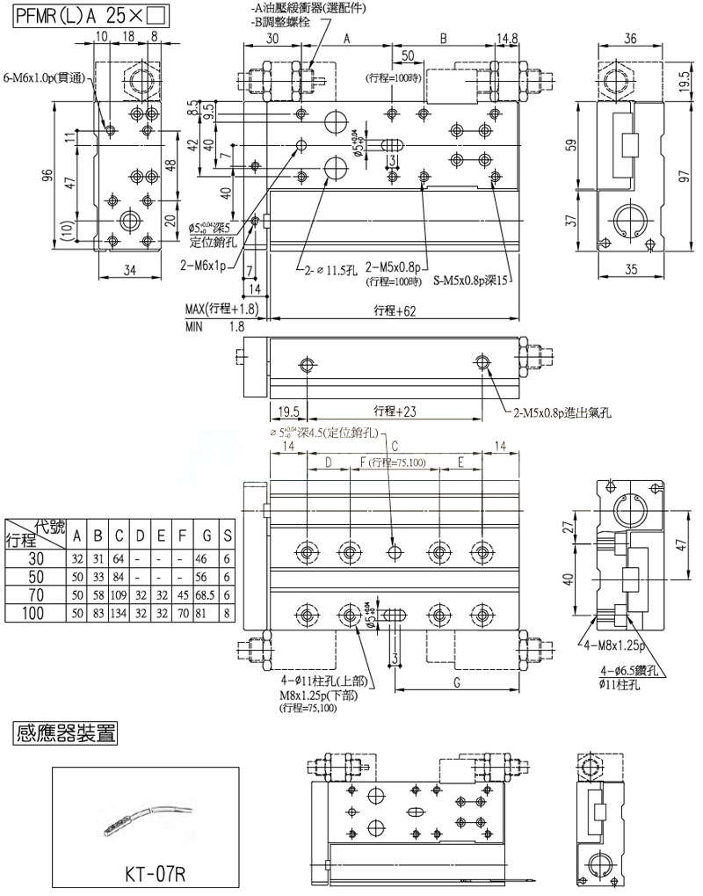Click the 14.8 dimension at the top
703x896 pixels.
pyautogui.click(x=507, y=40)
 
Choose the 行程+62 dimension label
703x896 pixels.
pyautogui.click(x=392, y=310)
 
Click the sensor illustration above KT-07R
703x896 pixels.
pyautogui.click(x=145, y=818)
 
